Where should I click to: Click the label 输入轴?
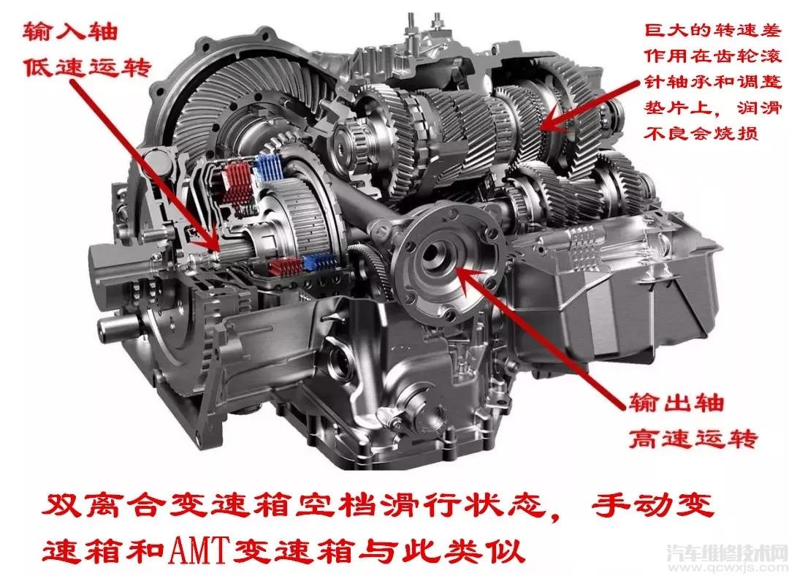click(x=70, y=31)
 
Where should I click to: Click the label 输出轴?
click(x=676, y=402)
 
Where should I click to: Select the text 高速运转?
click(x=693, y=438)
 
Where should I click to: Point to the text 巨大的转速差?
click(x=713, y=30)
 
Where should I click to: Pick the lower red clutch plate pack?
click(x=284, y=267)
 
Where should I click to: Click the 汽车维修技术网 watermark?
click(x=727, y=553)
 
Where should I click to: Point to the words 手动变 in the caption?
click(x=653, y=504)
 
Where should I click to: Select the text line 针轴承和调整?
click(x=713, y=82)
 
